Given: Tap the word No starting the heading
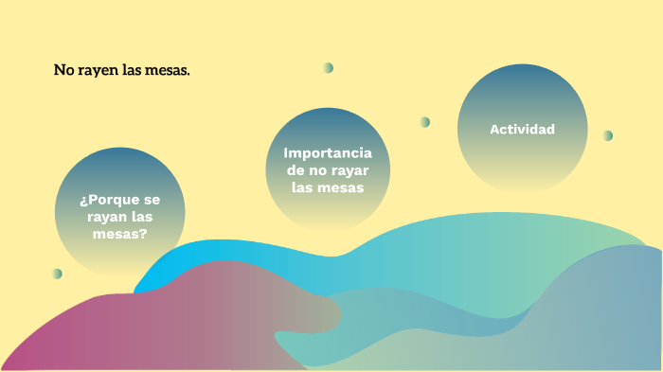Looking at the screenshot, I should pos(63,70).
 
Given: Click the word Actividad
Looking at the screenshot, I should pos(522,129).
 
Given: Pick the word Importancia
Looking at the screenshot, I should pos(328,153).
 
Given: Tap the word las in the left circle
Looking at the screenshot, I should pos(143,217).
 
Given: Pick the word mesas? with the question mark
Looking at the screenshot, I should pos(119,234).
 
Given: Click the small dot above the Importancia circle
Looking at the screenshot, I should pos(328,67).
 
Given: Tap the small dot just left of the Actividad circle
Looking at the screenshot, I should pos(424,122).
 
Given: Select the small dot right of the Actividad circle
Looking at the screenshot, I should pos(607,135).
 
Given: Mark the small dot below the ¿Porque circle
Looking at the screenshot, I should pos(57,274).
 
